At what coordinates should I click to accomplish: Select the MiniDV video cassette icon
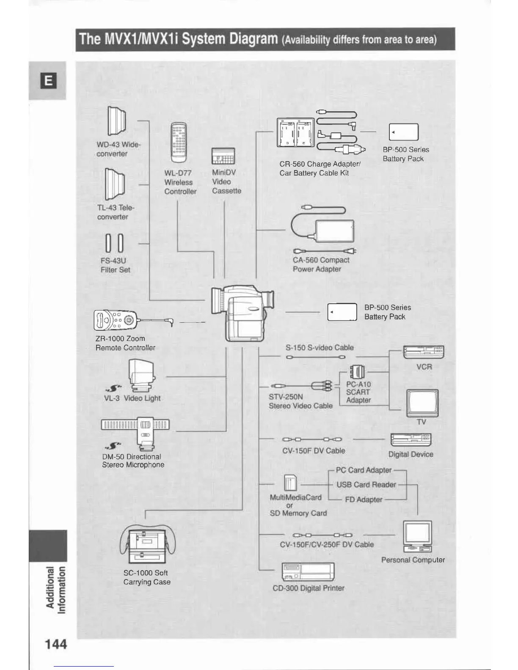[223, 156]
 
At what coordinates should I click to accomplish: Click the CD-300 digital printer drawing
[308, 572]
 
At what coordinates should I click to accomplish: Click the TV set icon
[422, 403]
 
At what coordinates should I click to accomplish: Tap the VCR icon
[424, 351]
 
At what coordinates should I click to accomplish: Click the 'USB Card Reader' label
[366, 485]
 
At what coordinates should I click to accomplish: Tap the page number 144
[56, 644]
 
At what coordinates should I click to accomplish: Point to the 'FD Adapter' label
[364, 500]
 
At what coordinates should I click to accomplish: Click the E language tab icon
[48, 81]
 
